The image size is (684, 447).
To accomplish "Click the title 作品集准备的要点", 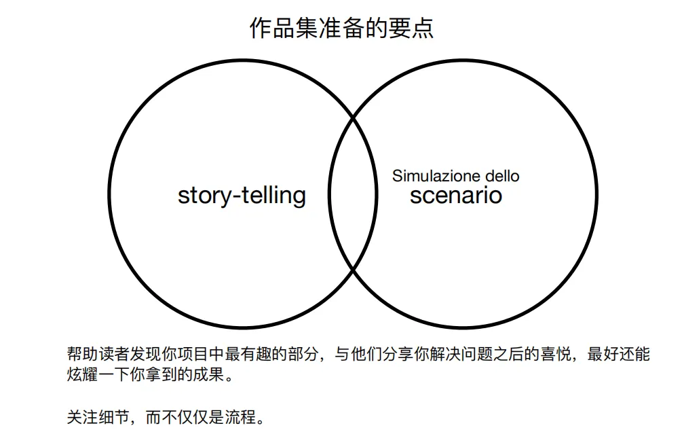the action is (341, 29).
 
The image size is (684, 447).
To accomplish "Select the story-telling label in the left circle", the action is (242, 196).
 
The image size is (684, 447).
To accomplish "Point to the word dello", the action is (502, 176).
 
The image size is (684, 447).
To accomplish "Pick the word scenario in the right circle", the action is (456, 196).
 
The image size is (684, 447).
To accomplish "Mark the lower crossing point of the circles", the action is (353, 270).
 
